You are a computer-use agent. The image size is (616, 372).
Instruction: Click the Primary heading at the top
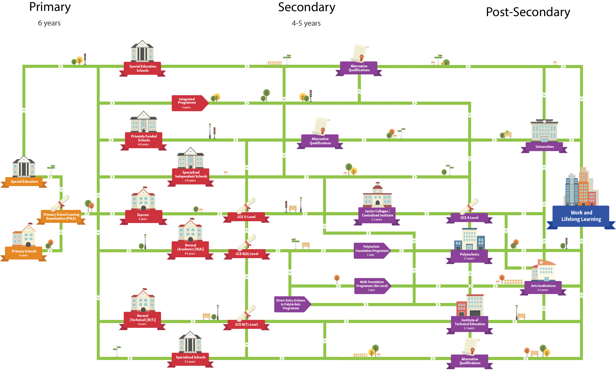point(50,7)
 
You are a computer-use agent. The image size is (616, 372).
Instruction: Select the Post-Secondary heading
point(528,12)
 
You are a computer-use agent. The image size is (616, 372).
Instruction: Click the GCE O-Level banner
point(246,217)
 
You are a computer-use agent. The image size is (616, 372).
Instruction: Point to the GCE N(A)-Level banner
point(247,254)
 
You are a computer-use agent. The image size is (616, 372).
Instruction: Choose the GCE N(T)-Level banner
point(246,324)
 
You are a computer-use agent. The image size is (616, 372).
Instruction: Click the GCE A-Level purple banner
point(469,218)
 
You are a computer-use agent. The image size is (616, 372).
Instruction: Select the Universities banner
point(544,147)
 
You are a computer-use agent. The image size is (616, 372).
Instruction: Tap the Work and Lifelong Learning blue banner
point(581,216)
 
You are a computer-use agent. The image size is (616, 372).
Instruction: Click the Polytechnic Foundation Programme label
point(371,251)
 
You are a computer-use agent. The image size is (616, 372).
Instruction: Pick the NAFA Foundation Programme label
point(372,286)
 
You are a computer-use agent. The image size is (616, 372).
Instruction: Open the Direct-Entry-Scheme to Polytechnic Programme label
point(291,304)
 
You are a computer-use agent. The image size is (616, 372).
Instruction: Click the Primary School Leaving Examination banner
point(61,217)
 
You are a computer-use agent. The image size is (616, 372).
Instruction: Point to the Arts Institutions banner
point(543,287)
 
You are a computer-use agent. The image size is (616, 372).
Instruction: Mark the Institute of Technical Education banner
point(470,324)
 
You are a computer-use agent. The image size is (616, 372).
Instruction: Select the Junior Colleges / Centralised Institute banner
point(377,215)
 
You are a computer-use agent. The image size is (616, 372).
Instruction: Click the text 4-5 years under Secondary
point(306,23)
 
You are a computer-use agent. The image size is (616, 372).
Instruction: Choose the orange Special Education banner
point(24,181)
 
